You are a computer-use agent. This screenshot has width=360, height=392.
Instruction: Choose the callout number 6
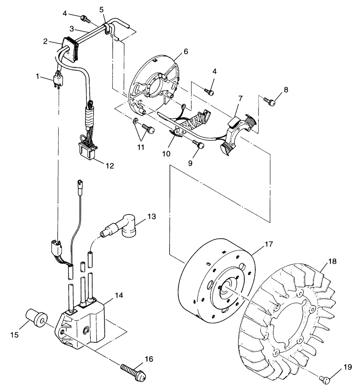coord(185,51)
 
